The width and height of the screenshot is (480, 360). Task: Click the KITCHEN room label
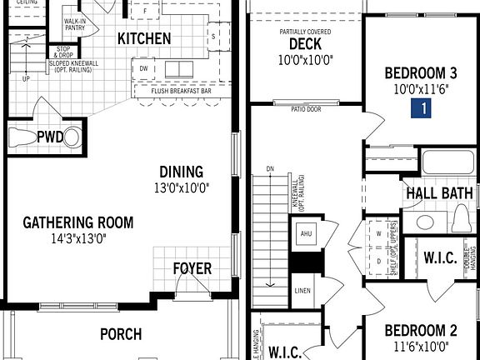pos(144,38)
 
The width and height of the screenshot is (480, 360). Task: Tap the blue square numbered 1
pos(424,107)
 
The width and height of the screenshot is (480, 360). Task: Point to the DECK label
pos(305,44)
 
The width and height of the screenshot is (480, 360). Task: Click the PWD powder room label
pos(49,136)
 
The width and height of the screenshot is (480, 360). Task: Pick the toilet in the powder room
pos(73,136)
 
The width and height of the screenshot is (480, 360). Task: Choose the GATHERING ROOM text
pos(77,222)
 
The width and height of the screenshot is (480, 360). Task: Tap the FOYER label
pos(192,268)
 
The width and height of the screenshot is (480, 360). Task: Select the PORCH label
pos(121,334)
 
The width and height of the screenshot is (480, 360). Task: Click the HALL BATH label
pos(439,193)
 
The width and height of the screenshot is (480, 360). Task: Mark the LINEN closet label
pos(302,292)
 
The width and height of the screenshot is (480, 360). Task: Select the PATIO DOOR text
pos(307,108)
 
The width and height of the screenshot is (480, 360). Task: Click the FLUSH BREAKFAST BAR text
pos(181,90)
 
